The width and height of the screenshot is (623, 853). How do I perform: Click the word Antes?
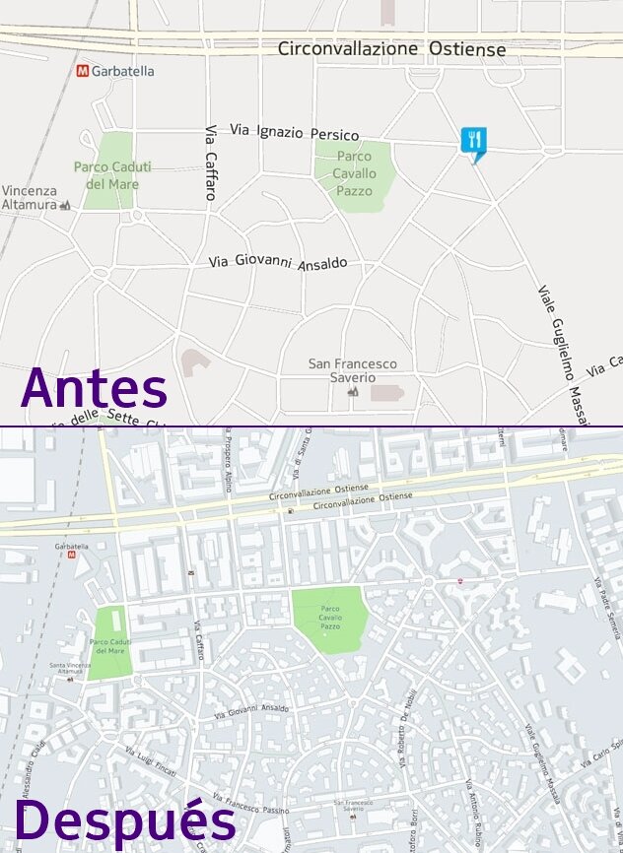coord(94,389)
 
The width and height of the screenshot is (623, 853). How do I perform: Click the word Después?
coord(124,821)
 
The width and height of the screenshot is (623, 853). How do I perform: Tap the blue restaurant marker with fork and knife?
coord(474,141)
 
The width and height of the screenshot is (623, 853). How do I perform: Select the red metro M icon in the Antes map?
coord(82,71)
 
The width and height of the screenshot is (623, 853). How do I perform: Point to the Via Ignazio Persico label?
coord(294,132)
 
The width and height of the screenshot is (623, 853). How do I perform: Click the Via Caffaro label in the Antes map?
coord(210,163)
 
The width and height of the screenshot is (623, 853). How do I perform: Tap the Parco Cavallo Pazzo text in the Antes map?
coord(354,173)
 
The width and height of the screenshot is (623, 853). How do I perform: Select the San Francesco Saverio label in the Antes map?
coord(352,370)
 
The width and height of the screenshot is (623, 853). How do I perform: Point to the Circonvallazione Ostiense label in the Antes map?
coord(391,48)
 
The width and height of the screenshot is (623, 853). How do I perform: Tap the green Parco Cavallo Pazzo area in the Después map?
coord(330,620)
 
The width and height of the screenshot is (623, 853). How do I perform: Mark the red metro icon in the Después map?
coord(72,555)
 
